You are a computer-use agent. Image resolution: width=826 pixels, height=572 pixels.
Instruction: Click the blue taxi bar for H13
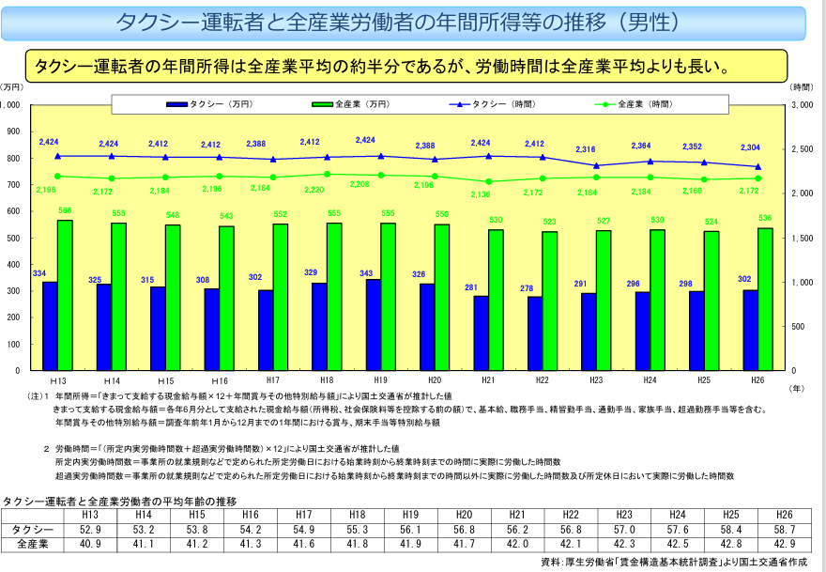(50, 325)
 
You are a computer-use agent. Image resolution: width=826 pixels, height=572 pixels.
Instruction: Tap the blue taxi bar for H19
(374, 324)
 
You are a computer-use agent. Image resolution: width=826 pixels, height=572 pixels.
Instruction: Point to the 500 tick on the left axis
(14, 239)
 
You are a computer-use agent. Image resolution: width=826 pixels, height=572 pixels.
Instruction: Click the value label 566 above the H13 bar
(65, 211)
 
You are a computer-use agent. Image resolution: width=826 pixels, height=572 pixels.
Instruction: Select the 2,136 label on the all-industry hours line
(481, 193)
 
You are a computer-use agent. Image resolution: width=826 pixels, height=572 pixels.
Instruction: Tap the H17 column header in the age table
(303, 516)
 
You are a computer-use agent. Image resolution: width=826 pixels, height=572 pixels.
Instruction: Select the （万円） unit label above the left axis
(12, 86)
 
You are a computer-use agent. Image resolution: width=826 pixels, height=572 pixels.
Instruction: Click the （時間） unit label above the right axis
(801, 86)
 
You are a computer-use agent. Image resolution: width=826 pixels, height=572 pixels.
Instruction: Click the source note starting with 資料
(672, 562)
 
